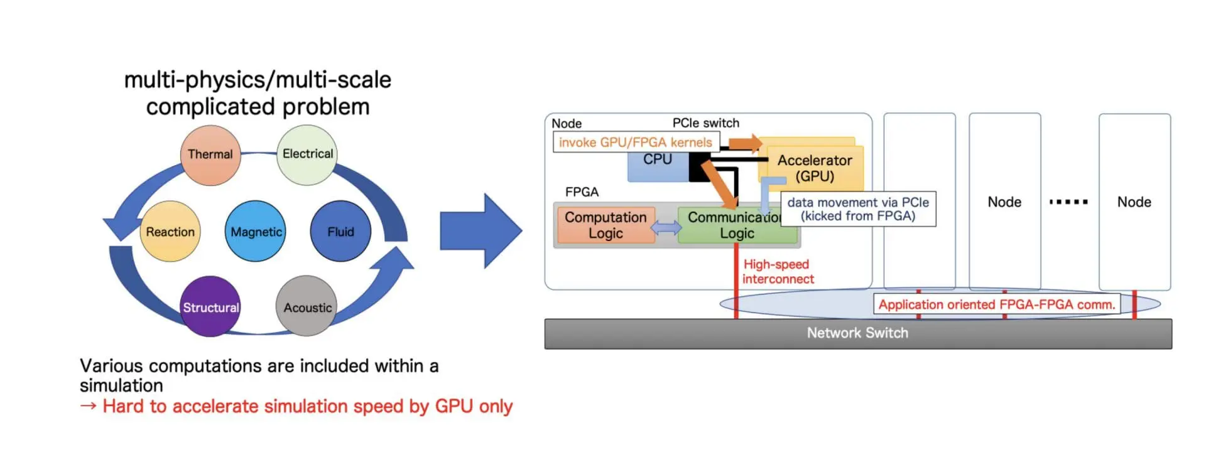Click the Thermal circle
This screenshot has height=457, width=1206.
210,155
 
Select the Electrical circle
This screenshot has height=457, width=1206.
307,154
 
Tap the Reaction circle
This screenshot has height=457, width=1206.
170,232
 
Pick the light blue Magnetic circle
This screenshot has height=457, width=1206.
256,232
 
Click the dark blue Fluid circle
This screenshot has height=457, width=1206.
340,232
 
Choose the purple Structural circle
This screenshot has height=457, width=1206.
210,308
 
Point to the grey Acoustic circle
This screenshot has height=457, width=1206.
307,308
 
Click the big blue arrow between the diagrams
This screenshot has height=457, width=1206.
481,231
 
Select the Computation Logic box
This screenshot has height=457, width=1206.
606,225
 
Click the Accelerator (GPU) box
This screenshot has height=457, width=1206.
815,168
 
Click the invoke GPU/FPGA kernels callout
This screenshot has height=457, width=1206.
636,142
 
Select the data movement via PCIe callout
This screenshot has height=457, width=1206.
858,209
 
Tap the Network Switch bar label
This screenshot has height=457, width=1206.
857,333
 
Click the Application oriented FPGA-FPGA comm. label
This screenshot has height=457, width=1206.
997,304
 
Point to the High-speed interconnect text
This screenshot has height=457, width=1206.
778,272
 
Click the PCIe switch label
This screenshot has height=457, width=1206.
705,123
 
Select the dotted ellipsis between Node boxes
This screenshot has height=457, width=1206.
1068,202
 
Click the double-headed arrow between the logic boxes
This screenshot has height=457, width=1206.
666,227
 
